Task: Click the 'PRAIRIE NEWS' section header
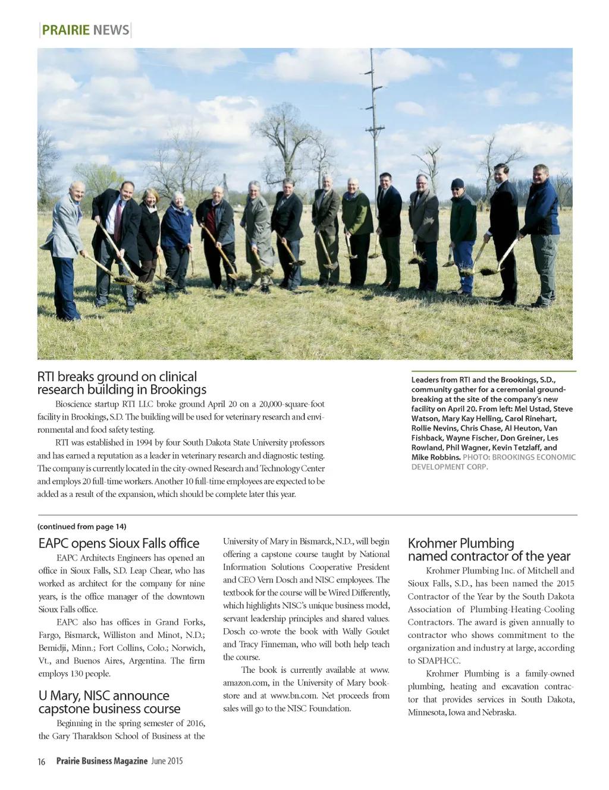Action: pos(85,30)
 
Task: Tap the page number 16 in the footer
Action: pos(42,761)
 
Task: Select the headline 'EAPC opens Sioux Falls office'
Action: pos(118,543)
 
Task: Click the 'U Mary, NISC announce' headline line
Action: pos(103,695)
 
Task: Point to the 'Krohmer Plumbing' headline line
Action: pos(460,543)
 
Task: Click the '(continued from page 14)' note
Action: pos(81,526)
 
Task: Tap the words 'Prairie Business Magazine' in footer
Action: pos(102,761)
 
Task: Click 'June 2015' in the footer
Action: pos(167,761)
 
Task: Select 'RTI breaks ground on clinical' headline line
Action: pos(117,376)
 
